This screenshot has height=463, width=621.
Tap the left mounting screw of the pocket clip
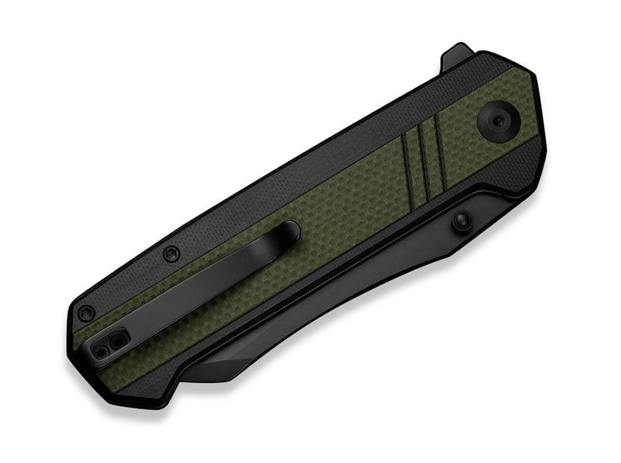click(x=101, y=351)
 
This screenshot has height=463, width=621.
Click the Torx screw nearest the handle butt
click(x=86, y=312)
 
